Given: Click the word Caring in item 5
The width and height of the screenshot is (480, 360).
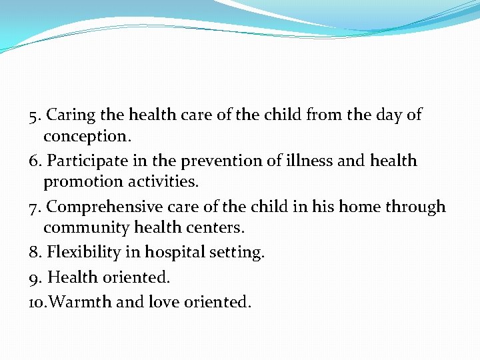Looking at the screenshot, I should tap(71, 115).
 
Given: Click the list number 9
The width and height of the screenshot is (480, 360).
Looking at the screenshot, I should tap(36, 277).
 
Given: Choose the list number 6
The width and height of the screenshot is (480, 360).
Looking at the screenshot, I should tap(36, 161).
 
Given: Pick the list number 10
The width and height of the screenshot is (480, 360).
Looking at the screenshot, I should tap(37, 302).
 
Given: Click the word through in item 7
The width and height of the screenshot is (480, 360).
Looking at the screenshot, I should tap(417, 207).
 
